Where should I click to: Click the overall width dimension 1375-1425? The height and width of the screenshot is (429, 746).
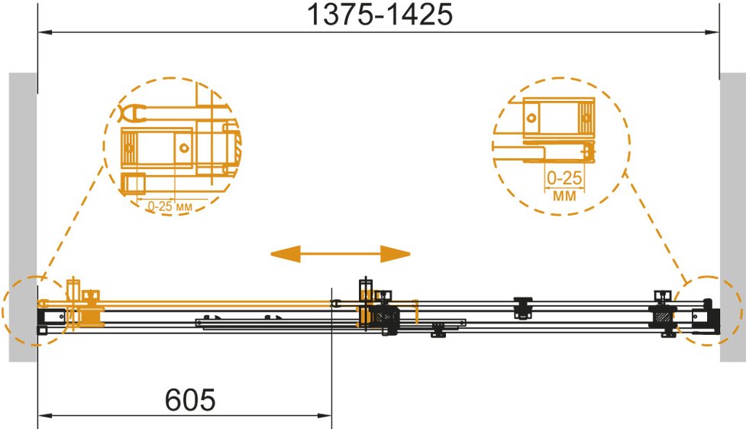coord(379,15)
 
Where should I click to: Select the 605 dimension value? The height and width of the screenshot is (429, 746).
coord(190,399)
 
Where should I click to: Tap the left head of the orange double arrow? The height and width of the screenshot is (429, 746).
coord(286,254)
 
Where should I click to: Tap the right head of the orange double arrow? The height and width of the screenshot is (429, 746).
coord(396,254)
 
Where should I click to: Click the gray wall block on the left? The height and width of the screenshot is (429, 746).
coord(23,217)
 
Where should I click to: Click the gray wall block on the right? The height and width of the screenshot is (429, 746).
coord(733,217)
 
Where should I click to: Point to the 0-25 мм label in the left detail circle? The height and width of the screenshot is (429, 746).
coord(170,206)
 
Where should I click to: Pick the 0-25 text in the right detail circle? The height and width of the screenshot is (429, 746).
coord(564,178)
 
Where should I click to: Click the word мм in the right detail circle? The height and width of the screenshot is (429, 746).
coord(564,195)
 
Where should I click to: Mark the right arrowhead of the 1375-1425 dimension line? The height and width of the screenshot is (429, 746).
coord(712,32)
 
